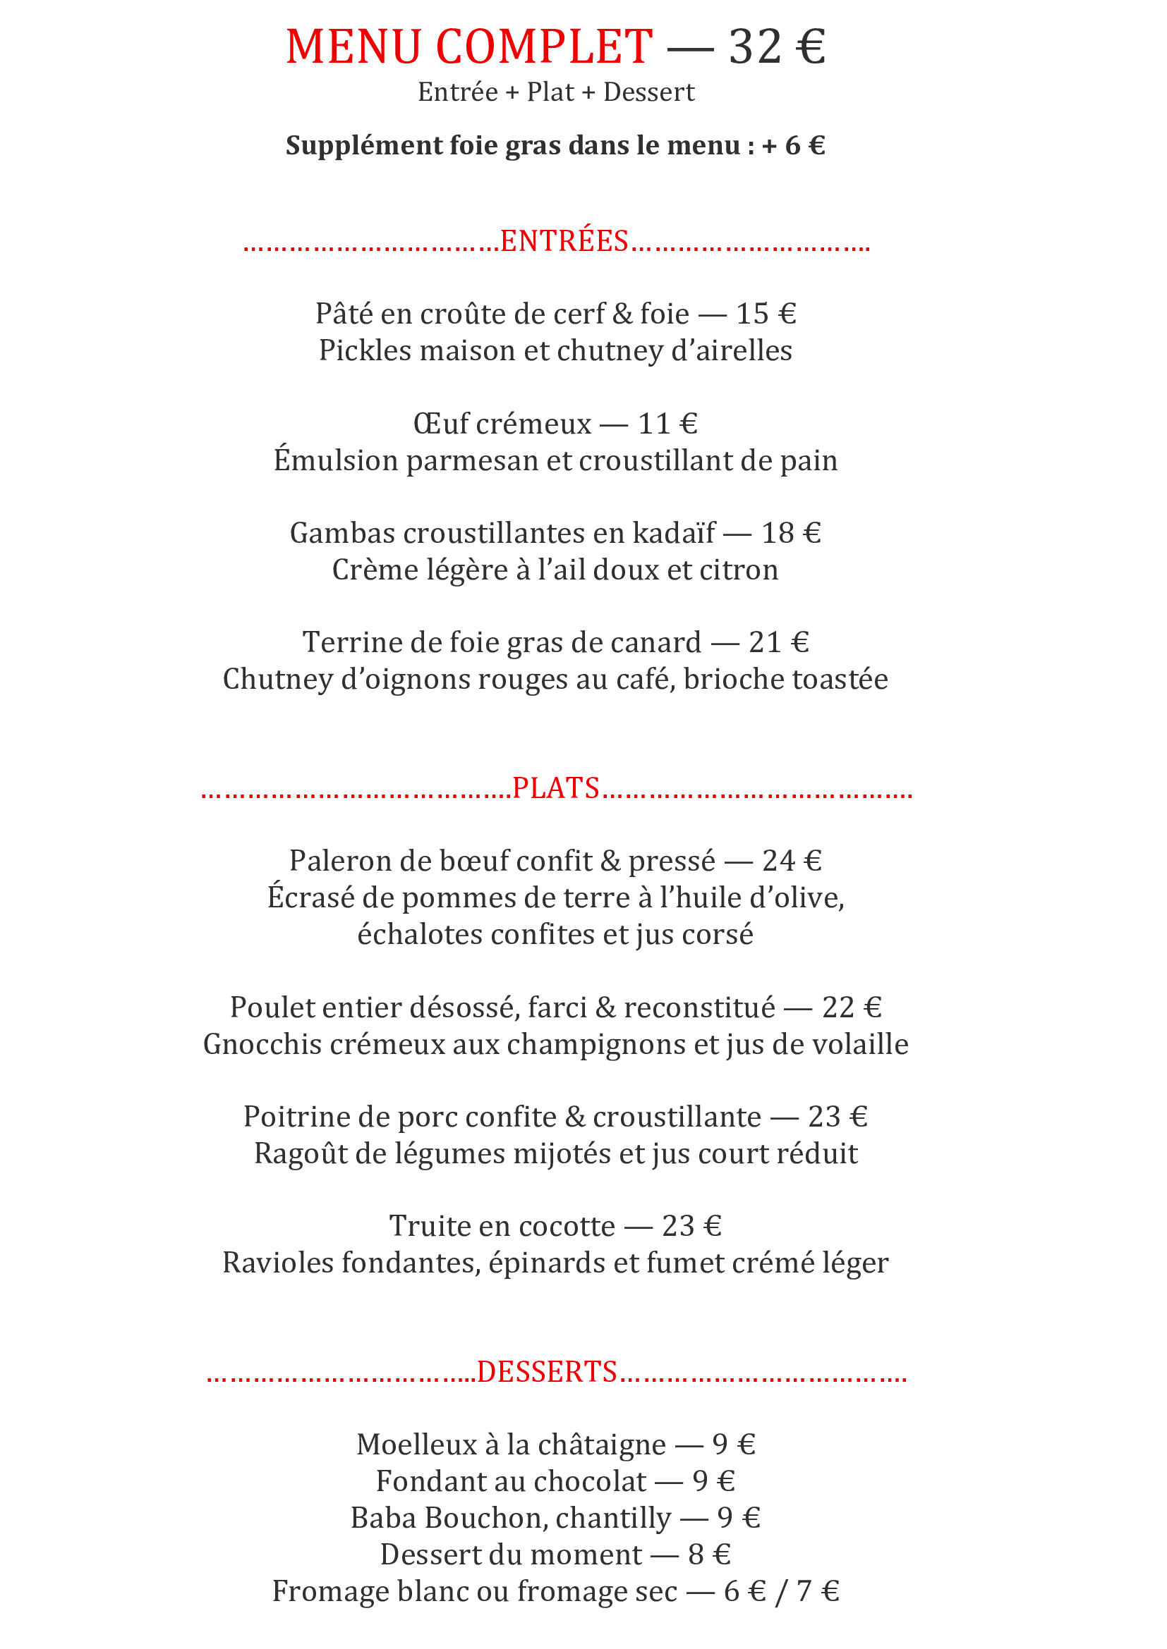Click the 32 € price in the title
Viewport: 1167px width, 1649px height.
coord(777,47)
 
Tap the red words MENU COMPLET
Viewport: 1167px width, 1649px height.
coord(469,47)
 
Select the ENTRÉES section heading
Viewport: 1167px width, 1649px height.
coord(564,241)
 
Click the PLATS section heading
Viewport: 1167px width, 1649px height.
coord(555,789)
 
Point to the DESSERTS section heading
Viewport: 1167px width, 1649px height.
coord(547,1373)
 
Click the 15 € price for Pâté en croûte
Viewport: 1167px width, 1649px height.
coord(766,314)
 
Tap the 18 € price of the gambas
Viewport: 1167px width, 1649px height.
coord(791,533)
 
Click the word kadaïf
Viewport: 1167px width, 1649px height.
coord(673,533)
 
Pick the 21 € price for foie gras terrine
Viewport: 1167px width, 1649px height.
coord(779,642)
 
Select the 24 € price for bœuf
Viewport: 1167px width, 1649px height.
coord(792,861)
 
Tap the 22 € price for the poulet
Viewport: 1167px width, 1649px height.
coord(852,1007)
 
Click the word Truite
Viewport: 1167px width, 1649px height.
coord(430,1226)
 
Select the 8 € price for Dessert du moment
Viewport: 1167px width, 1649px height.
coord(708,1555)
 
